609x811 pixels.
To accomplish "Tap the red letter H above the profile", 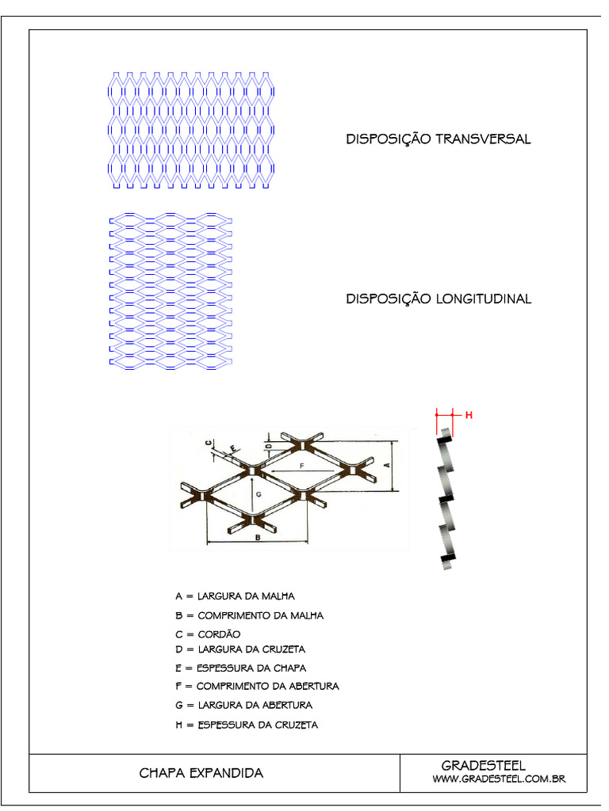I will coord(468,414).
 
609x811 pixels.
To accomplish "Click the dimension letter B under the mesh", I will coord(258,538).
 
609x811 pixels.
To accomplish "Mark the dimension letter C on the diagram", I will coord(208,444).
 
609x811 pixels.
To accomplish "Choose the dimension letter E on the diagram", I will coord(232,449).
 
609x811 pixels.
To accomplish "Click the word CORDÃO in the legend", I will coord(219,634).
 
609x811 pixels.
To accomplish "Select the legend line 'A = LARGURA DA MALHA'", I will coord(228,596).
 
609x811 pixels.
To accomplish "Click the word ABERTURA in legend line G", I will coord(285,705).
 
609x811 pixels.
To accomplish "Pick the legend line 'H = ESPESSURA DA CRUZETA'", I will coord(247,725).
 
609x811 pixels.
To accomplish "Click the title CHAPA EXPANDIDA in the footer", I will coord(201,772).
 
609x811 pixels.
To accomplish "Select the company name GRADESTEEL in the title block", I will coord(483,765).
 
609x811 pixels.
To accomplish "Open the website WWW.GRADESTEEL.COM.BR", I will coord(499,780).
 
